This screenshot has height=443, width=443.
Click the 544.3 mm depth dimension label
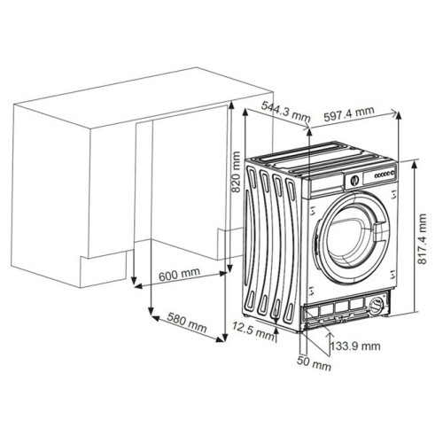285,112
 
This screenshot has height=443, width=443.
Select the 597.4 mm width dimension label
349,113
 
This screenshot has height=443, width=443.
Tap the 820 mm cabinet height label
236,172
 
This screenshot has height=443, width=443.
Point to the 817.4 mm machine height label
423,239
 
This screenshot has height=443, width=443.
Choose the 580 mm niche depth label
187,322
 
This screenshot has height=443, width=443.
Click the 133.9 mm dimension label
355,346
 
